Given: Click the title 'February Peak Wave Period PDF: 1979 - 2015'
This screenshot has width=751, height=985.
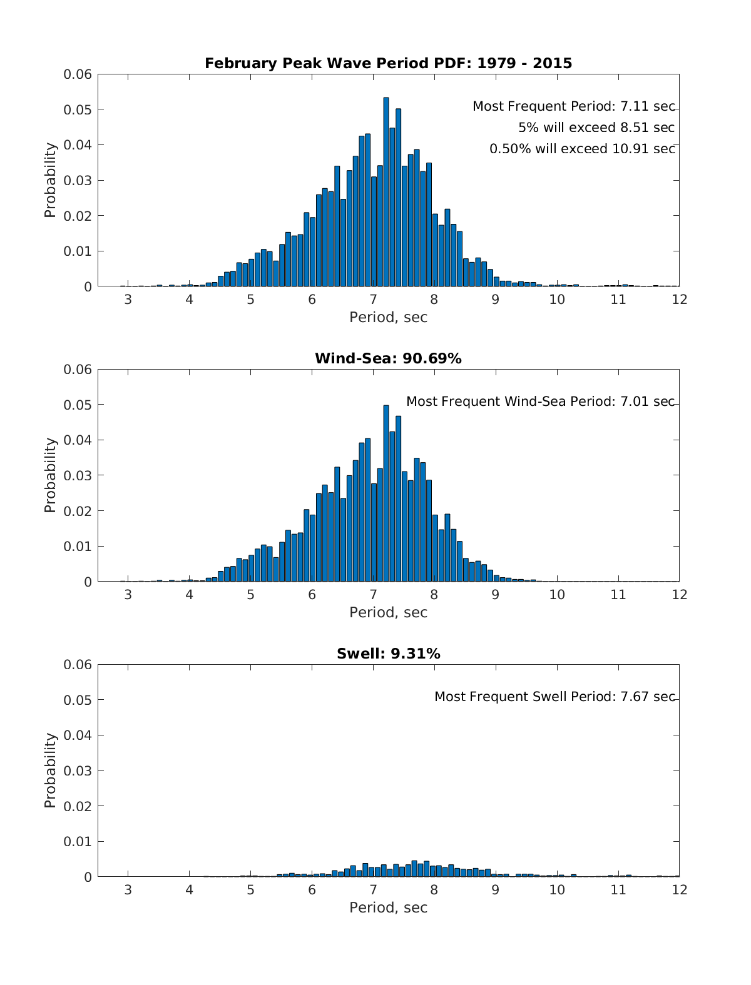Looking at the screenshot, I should [x=388, y=63].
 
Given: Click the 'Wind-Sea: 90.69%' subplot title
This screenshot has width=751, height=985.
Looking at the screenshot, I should [x=388, y=358].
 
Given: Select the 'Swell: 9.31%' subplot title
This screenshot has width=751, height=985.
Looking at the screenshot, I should [x=388, y=654].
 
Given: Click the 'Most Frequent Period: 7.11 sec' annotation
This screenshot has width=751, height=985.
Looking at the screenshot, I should [x=573, y=106].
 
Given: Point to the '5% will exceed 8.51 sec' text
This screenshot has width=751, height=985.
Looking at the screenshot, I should [x=596, y=128].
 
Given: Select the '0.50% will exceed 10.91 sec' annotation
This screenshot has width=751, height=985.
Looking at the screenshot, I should [x=582, y=149].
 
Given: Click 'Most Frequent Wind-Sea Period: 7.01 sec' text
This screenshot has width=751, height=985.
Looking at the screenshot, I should [x=540, y=402].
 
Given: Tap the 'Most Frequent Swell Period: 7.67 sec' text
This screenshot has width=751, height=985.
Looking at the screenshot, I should [x=554, y=697].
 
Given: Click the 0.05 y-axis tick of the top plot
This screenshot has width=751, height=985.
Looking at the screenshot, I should [x=78, y=109].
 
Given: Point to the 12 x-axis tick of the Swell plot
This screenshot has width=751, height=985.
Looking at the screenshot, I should [x=679, y=889].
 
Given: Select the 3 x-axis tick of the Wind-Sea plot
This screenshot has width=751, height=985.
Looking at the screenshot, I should [x=128, y=594].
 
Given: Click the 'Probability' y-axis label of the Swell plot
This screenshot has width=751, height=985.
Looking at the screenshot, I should [x=50, y=770].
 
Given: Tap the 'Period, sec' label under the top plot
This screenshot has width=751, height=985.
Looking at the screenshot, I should [x=388, y=317].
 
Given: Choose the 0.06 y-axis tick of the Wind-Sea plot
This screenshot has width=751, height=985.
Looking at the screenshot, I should [x=78, y=369].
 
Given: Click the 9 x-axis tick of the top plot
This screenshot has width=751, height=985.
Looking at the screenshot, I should [x=495, y=299].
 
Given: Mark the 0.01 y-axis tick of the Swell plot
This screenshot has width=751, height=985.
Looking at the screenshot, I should [x=78, y=841].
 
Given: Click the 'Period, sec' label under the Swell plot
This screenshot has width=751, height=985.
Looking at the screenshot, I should [x=388, y=907].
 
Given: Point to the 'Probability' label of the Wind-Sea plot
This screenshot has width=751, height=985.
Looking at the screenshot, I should [x=50, y=475].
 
